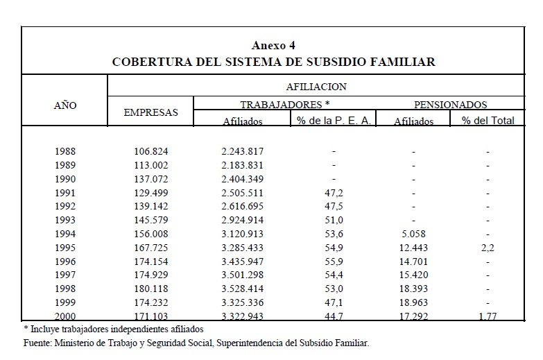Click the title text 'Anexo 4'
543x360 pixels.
coord(274,46)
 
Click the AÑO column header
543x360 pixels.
coord(65,106)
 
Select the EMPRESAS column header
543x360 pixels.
coord(150,112)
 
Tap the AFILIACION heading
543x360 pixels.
coord(316,87)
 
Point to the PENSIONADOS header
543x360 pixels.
coord(450,105)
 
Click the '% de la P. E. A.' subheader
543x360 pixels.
coord(334,121)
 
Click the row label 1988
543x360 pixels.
coord(65,151)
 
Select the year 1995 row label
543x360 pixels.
coord(65,248)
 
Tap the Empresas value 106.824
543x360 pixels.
coord(150,151)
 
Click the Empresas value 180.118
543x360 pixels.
coord(150,289)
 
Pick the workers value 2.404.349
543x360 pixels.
coord(243,179)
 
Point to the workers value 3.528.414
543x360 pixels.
coord(243,289)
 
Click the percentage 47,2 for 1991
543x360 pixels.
coord(334,193)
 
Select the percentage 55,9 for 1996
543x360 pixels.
coord(334,262)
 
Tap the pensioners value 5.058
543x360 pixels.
coord(413,234)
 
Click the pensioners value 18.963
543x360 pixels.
coord(413,302)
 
